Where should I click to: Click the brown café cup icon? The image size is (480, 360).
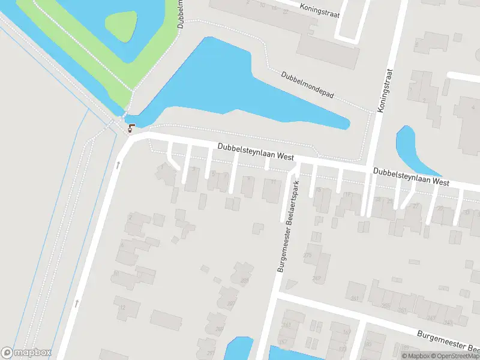pos(131,127)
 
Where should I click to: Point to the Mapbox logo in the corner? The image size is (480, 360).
pos(26,353)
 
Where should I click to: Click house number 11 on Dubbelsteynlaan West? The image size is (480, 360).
pos(274,182)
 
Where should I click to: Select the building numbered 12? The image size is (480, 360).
pos(122,308)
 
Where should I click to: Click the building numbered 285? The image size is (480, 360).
pos(244,280)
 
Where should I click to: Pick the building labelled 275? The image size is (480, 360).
pos(308,256)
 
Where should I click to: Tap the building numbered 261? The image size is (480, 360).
pos(355,298)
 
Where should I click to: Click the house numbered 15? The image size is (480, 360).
pos(319,190)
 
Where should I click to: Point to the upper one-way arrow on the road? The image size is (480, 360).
pos(118,164)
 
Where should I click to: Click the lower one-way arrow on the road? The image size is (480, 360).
pos(76,303)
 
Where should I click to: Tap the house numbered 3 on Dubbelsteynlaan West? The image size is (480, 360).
pos(193,170)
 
